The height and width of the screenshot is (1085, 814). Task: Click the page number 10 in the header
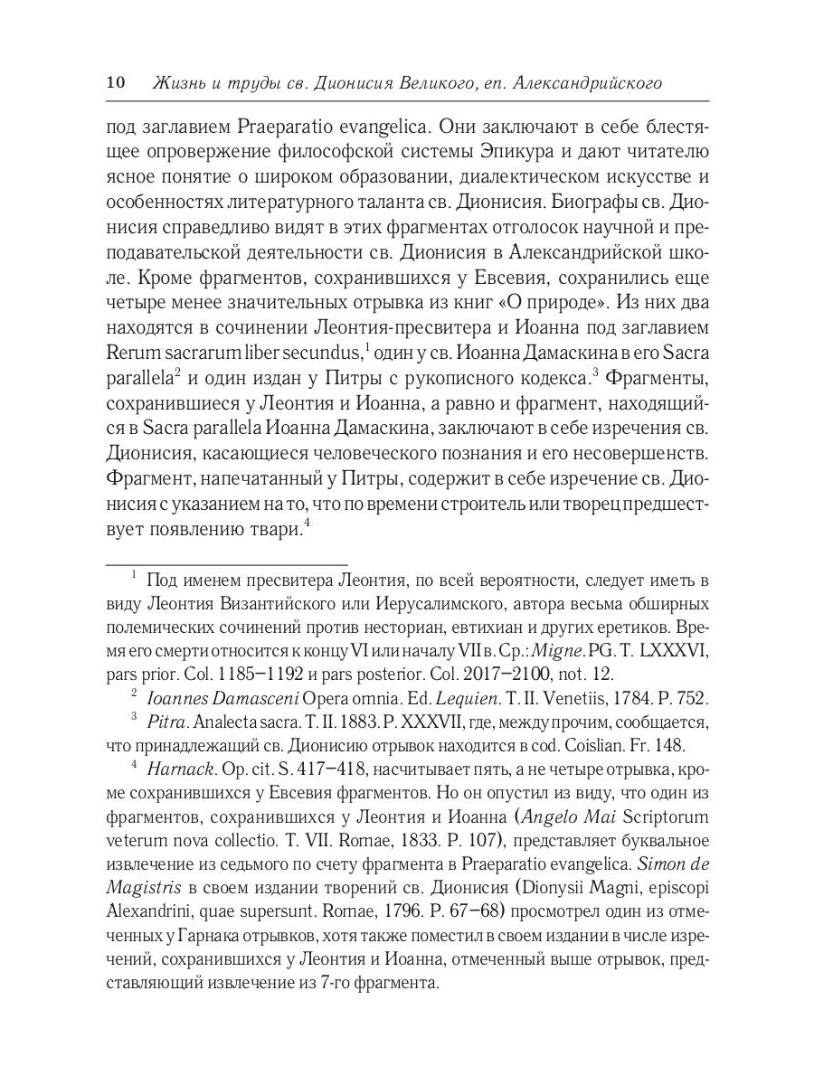[x=115, y=83]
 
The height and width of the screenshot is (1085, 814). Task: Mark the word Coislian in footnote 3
[x=574, y=746]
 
